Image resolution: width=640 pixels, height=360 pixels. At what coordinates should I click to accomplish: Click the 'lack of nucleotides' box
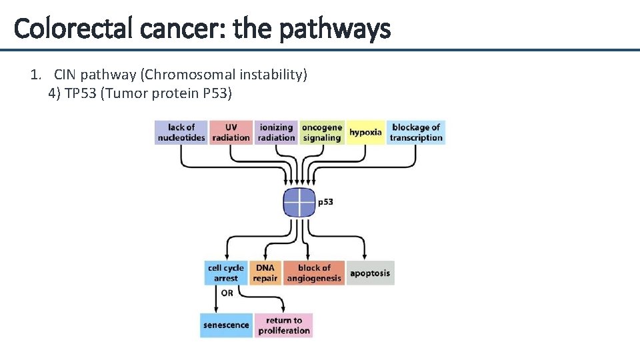181,132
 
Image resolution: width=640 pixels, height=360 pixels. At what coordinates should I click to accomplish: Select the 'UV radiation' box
231,132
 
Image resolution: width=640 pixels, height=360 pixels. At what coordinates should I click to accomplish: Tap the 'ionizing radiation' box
276,132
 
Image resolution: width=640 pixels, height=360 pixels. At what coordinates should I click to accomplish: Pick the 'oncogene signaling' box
321,132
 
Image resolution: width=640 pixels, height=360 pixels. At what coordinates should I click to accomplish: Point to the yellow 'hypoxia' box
365,132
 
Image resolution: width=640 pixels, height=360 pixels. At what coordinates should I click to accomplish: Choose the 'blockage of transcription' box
416,132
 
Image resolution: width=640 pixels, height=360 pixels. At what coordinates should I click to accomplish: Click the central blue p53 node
299,202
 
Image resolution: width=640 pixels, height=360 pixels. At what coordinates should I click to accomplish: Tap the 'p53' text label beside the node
325,202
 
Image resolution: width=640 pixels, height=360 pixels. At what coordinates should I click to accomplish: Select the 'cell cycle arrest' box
225,273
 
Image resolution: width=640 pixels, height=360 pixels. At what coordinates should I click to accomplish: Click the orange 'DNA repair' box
265,273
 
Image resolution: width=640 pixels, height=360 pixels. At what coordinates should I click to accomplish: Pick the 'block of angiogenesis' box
314,273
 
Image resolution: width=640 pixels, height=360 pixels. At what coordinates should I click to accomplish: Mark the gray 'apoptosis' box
370,273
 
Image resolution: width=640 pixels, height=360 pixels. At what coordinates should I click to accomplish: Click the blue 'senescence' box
225,325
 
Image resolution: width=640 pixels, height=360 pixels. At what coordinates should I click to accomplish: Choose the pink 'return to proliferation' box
284,325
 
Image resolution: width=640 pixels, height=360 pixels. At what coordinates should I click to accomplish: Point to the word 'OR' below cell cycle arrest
227,293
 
